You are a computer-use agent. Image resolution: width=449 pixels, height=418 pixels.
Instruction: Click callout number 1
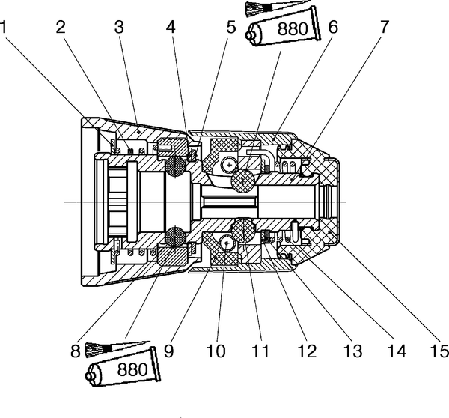[4, 27]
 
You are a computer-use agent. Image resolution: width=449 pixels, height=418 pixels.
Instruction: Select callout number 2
[61, 27]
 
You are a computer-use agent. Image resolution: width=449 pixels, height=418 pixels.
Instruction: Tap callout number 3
[119, 27]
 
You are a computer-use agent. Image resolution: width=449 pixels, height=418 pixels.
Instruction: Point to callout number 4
[171, 27]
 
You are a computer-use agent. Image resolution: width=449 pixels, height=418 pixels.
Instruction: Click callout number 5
[230, 27]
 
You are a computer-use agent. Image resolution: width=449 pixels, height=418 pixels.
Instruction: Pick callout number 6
[333, 27]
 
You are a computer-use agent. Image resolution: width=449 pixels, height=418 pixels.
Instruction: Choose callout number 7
[385, 27]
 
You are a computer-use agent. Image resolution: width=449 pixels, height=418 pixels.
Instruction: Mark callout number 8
[76, 351]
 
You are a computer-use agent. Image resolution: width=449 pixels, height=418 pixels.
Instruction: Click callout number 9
[169, 351]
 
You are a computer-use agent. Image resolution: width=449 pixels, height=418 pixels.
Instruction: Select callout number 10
[216, 351]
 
